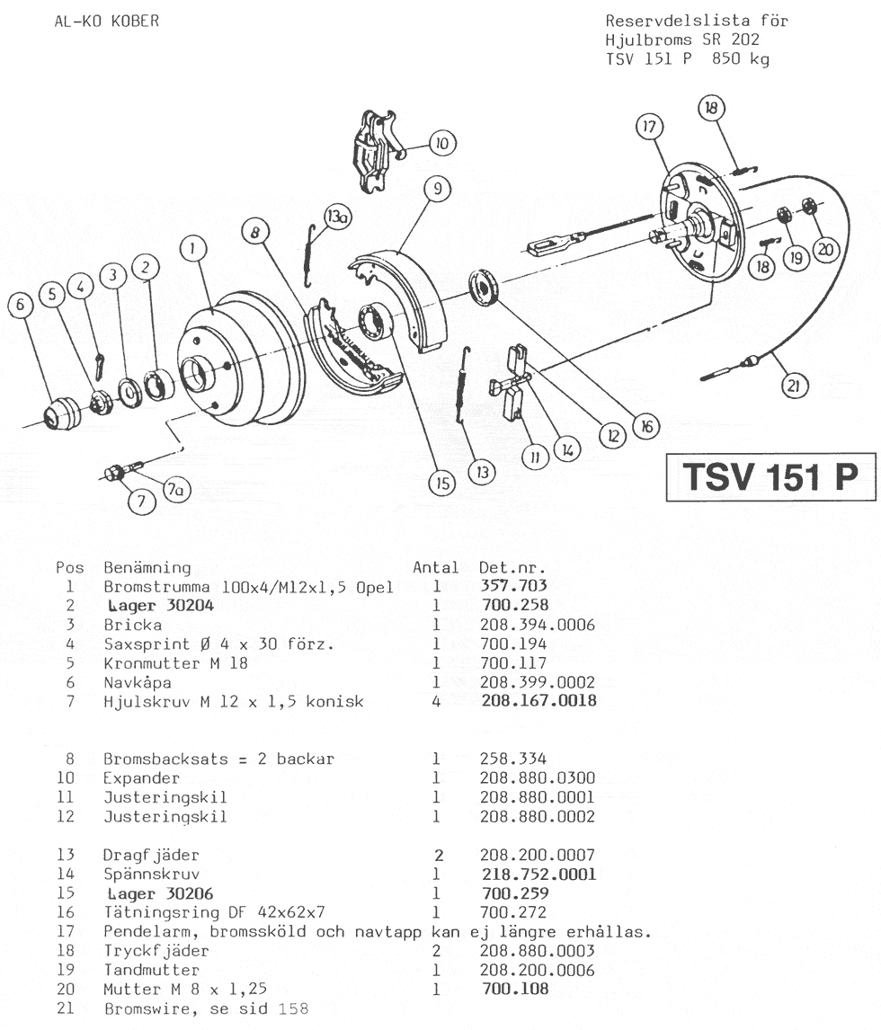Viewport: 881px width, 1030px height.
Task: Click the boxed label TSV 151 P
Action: [x=770, y=476]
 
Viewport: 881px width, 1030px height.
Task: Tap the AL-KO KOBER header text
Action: [x=108, y=21]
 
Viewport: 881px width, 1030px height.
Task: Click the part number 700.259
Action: [x=515, y=894]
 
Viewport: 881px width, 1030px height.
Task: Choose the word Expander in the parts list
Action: [x=141, y=777]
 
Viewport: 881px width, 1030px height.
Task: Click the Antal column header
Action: [x=435, y=567]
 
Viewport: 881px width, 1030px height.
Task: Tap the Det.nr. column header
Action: [x=513, y=567]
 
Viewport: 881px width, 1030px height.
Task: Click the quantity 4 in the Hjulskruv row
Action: [x=436, y=701]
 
